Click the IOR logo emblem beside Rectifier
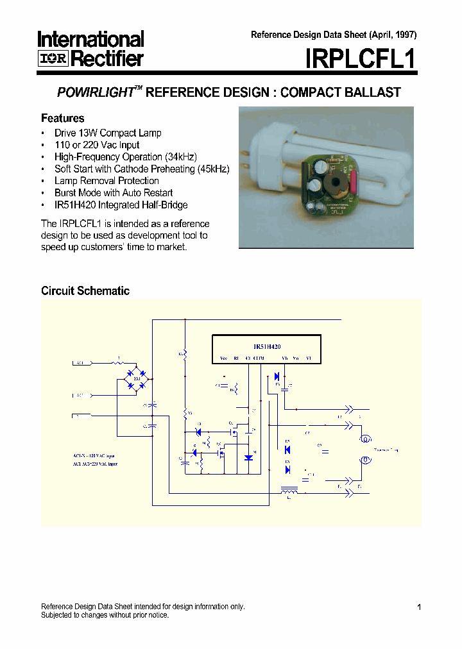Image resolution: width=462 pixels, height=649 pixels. (53, 60)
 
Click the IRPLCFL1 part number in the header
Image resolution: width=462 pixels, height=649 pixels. (361, 60)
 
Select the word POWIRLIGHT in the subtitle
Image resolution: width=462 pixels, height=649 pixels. (95, 92)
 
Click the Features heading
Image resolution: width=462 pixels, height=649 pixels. (62, 118)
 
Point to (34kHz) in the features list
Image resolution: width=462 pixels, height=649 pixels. (181, 157)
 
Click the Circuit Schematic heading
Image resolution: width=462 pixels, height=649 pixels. (85, 291)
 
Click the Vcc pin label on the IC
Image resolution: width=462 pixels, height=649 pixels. (223, 358)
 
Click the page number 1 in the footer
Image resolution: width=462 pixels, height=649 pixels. (418, 607)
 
